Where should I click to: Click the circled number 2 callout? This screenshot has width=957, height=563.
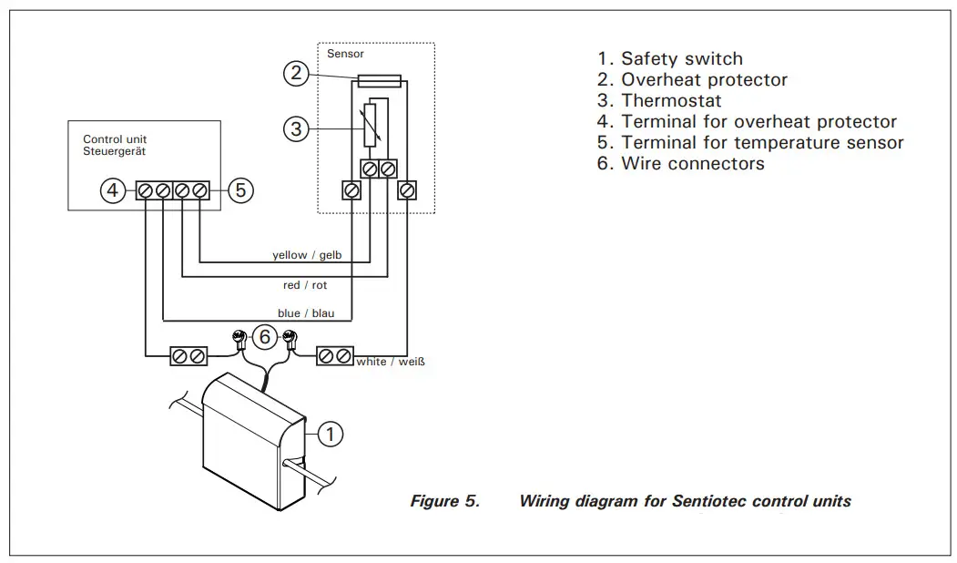(x=296, y=73)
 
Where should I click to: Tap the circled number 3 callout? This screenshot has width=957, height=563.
(x=296, y=129)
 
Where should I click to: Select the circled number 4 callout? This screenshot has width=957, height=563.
(x=112, y=190)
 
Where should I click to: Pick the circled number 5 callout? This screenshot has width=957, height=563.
(x=239, y=190)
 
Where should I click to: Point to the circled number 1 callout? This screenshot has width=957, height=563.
(x=332, y=435)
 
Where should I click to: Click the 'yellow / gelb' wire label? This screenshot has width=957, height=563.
(x=307, y=255)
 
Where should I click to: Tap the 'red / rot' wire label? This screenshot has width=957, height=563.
(x=304, y=285)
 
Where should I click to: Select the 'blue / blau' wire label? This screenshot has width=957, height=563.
(x=306, y=313)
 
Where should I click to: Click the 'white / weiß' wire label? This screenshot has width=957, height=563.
(x=391, y=362)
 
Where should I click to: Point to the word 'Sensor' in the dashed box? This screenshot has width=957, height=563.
(x=345, y=54)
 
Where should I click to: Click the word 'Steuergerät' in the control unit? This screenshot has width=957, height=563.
(x=114, y=151)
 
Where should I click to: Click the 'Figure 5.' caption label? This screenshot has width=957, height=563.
(x=444, y=501)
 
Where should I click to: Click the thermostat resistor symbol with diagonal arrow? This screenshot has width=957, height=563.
(x=370, y=126)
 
